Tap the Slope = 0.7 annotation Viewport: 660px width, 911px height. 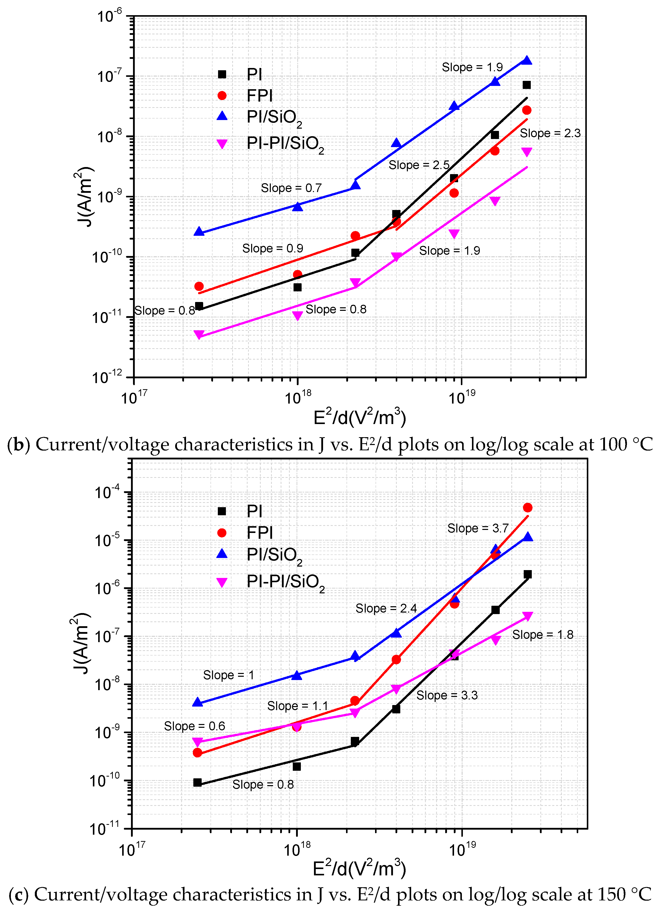click(x=291, y=188)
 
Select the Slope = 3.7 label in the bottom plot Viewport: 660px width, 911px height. click(x=478, y=528)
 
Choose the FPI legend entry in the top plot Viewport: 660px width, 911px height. click(x=259, y=96)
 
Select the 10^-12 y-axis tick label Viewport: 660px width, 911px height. click(x=107, y=378)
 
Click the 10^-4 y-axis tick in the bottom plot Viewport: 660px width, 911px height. click(x=107, y=492)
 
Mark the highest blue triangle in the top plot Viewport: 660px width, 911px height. click(x=526, y=60)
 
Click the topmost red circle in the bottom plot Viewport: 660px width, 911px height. click(x=527, y=508)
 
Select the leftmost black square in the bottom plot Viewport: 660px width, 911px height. click(x=197, y=782)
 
